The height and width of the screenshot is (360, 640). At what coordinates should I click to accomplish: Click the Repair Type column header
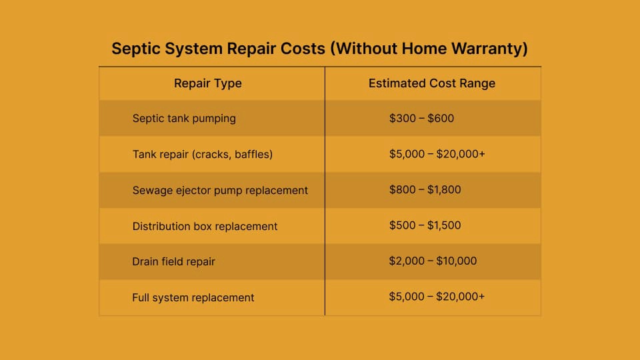[x=207, y=83]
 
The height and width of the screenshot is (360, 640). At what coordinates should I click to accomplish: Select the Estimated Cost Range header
[x=431, y=83]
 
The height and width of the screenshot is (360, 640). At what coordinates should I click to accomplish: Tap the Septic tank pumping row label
[x=184, y=119]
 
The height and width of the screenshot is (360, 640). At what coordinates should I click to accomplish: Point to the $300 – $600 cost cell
[x=421, y=119]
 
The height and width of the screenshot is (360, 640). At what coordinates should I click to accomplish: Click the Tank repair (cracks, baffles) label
[x=203, y=155]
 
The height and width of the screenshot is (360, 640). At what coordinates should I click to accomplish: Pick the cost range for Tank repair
[x=437, y=155]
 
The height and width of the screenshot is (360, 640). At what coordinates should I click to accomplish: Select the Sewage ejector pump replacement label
[x=220, y=191]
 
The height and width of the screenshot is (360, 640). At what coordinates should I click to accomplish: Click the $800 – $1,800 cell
[x=425, y=190]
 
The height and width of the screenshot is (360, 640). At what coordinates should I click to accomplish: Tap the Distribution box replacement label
[x=205, y=226]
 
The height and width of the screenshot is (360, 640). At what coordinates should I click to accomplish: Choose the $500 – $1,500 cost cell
[x=425, y=225]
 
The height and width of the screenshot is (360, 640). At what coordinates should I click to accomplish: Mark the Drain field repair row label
[x=173, y=261]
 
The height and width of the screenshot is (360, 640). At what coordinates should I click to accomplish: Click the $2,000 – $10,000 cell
[x=433, y=261]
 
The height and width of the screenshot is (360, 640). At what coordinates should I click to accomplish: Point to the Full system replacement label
[x=193, y=297]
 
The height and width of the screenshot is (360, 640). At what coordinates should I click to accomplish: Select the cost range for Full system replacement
[x=437, y=296]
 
